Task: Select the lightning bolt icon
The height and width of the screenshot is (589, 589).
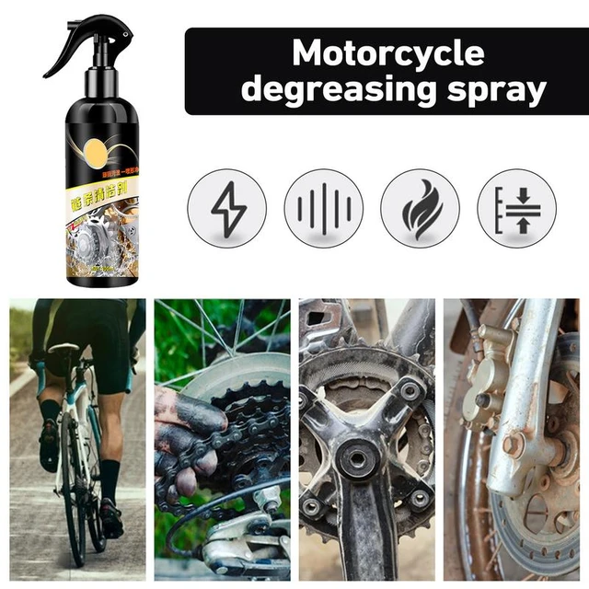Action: (x=226, y=208)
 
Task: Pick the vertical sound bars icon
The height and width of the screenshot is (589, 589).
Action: (x=323, y=208)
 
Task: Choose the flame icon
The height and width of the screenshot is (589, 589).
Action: (x=420, y=208)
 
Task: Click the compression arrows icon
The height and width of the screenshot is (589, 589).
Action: (x=516, y=208)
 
